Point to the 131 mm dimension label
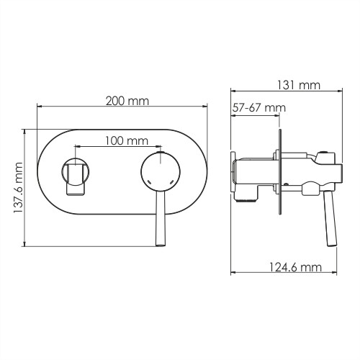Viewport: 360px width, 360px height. click(x=297, y=85)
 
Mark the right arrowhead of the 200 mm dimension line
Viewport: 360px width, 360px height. click(x=207, y=109)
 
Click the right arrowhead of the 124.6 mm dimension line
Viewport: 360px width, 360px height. click(x=335, y=274)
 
